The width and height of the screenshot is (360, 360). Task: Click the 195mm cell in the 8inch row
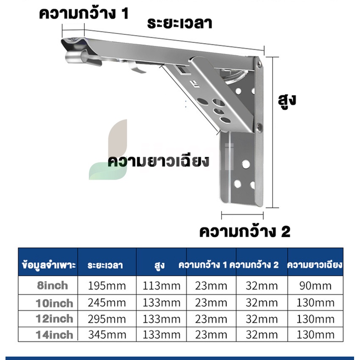107,286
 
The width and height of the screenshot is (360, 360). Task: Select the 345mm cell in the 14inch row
107,335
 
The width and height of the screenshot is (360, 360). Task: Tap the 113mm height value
161,286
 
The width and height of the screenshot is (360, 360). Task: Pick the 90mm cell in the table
316,286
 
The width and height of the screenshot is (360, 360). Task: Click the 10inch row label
54,303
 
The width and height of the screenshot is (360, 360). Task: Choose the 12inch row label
54,319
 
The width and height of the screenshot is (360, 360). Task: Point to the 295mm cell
107,319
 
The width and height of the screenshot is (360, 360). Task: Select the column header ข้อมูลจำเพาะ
49,265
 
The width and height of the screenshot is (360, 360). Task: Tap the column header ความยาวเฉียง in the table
315,265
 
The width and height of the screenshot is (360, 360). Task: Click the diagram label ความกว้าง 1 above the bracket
84,14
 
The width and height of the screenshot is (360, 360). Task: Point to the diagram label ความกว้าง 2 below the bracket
245,231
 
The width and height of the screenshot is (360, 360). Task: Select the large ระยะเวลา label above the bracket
180,23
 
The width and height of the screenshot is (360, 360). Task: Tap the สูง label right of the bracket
287,101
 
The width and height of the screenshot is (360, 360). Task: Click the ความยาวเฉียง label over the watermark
158,161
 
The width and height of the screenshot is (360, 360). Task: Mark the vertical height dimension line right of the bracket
272,132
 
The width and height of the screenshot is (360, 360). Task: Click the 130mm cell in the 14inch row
316,335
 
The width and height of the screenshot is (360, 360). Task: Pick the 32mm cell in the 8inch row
262,286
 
